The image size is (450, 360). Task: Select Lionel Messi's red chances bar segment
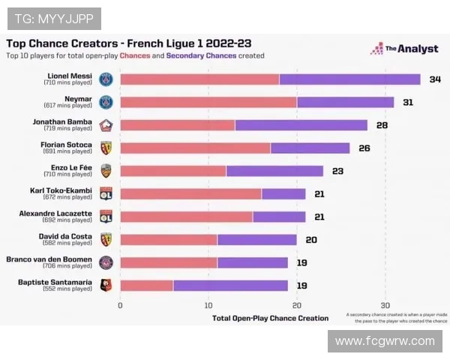tap(199, 79)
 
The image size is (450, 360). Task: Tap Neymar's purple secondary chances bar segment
tap(345, 102)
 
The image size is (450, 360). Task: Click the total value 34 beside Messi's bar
tap(435, 79)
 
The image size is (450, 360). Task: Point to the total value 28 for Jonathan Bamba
tap(382, 125)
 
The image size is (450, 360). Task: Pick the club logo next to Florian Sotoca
tap(106, 148)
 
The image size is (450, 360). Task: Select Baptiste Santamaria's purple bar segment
tap(230, 285)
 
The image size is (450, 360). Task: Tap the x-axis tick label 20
tap(297, 305)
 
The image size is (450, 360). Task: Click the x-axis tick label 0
tap(120, 305)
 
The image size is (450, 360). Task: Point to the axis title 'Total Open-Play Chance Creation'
tap(270, 318)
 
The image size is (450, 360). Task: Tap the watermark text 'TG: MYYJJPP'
tap(54, 19)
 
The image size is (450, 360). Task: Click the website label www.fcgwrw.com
tap(385, 340)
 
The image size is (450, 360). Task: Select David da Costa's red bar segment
tap(169, 239)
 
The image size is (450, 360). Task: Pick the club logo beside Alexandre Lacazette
tap(106, 216)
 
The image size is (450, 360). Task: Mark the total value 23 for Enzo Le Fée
tap(337, 171)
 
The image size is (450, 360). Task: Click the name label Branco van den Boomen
tap(59, 259)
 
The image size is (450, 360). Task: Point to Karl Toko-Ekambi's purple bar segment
tap(283, 193)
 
